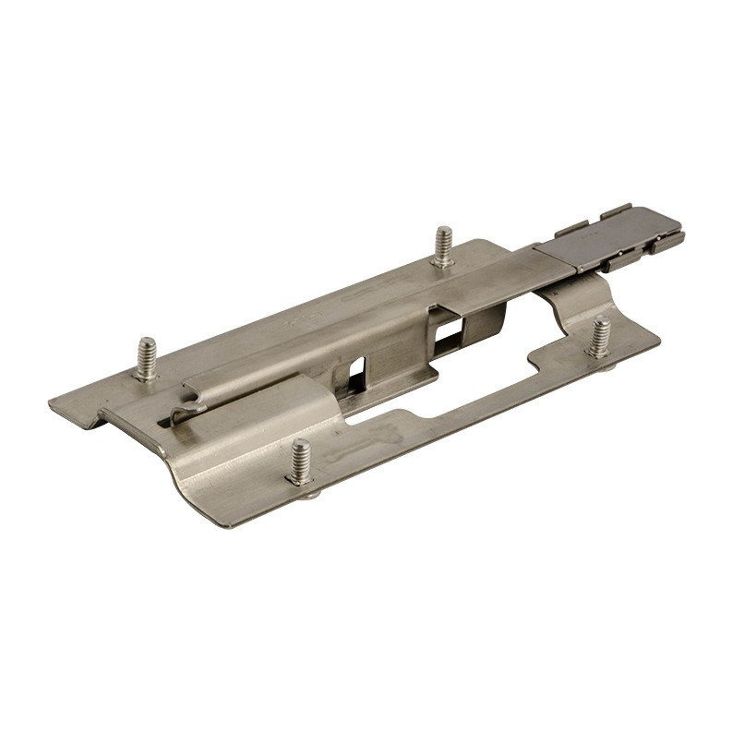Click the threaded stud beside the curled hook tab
147,358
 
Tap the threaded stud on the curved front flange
300,462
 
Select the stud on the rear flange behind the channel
444,246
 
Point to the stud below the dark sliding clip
600,337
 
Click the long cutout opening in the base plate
462,397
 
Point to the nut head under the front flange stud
308,495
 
